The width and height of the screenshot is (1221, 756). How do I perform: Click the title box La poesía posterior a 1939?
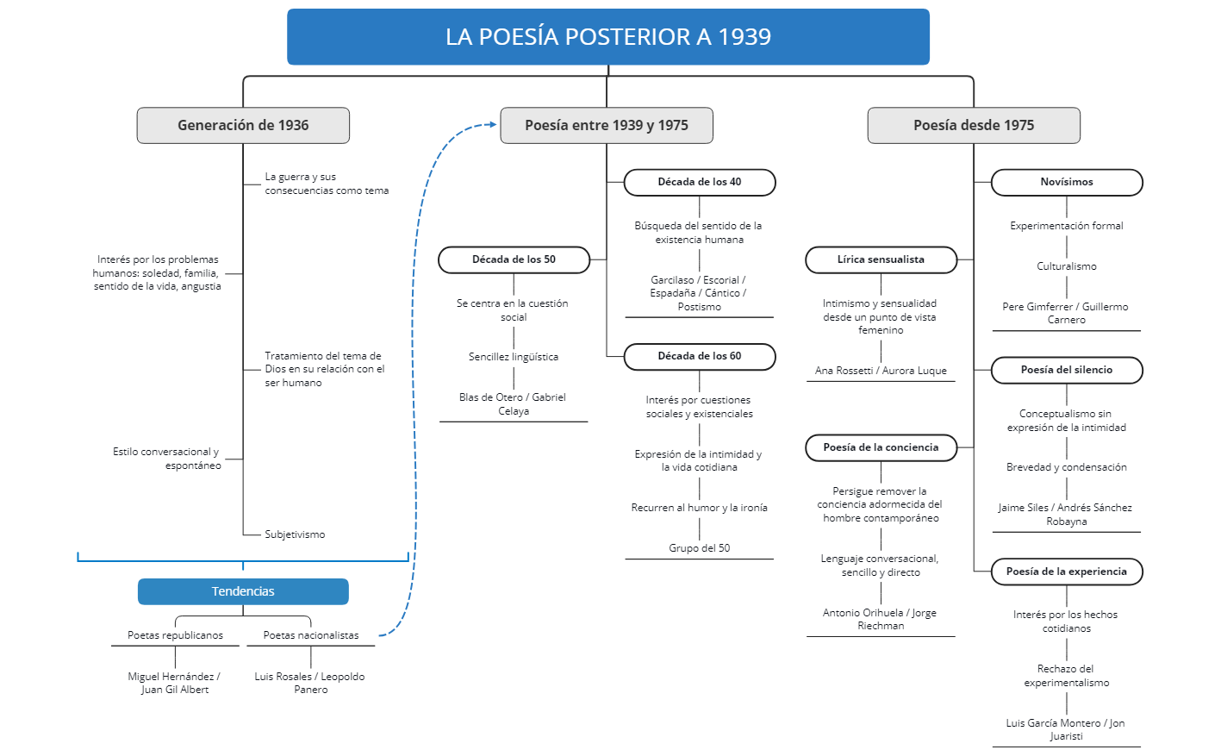(607, 37)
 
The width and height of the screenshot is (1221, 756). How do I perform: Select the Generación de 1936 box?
(243, 125)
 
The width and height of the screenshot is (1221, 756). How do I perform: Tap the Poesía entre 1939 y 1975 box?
(607, 125)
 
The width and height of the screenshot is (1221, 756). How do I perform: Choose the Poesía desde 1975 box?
(974, 125)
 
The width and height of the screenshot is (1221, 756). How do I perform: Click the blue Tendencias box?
(243, 591)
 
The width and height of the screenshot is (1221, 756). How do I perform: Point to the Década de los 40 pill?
(699, 182)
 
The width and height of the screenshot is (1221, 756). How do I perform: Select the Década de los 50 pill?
(514, 259)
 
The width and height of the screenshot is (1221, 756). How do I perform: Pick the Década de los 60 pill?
(699, 356)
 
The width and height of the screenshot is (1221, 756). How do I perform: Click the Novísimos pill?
(1066, 182)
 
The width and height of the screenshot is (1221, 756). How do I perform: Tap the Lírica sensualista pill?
(881, 259)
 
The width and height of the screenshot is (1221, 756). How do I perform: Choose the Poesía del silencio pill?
(1066, 370)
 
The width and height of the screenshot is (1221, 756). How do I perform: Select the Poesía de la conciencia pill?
(881, 447)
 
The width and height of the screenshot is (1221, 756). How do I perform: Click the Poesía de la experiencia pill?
(1066, 572)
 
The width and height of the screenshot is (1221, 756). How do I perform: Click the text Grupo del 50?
(699, 548)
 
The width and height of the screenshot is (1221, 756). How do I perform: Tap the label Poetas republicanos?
(175, 635)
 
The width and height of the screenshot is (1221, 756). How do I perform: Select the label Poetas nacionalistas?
(311, 635)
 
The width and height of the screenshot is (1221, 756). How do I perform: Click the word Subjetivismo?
(295, 534)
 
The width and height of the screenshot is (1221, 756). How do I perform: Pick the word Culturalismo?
(1066, 266)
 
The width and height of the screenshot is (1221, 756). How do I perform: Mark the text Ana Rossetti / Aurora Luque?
(881, 371)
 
